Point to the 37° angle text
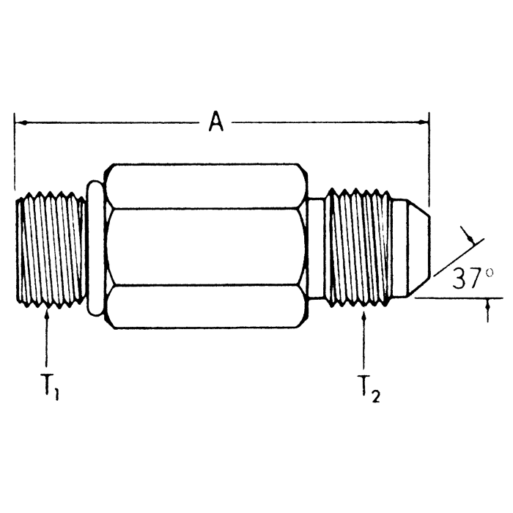coord(468,279)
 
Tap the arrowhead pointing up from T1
coord(47,314)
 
